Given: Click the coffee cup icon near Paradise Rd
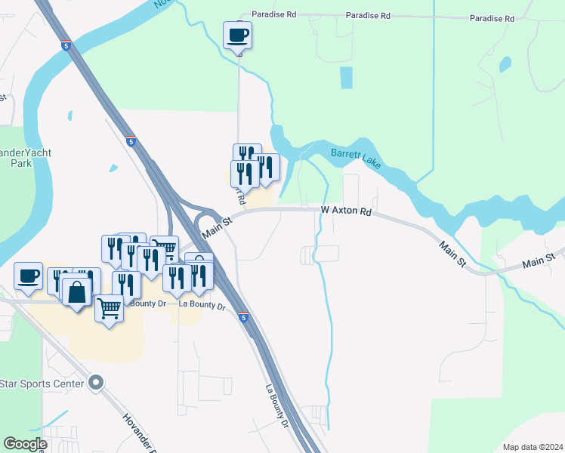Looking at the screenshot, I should pyautogui.click(x=238, y=35).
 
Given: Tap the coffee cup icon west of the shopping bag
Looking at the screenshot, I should pyautogui.click(x=29, y=276).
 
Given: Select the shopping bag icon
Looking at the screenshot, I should pyautogui.click(x=78, y=292).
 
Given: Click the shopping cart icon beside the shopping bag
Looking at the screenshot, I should pyautogui.click(x=110, y=308).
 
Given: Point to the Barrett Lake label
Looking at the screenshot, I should pyautogui.click(x=356, y=159).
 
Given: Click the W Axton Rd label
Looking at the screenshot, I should pyautogui.click(x=346, y=211).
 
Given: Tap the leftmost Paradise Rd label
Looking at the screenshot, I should pyautogui.click(x=273, y=14).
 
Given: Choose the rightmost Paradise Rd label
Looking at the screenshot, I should pyautogui.click(x=491, y=17).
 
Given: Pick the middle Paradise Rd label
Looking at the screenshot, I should pyautogui.click(x=368, y=15).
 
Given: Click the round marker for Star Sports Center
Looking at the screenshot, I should pyautogui.click(x=95, y=384).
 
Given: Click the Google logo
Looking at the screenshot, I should pyautogui.click(x=24, y=444).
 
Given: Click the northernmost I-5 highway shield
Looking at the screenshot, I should pyautogui.click(x=66, y=45).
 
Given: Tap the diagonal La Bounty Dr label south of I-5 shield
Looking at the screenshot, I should pyautogui.click(x=277, y=406).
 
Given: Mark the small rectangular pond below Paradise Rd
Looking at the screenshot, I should pyautogui.click(x=346, y=78).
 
